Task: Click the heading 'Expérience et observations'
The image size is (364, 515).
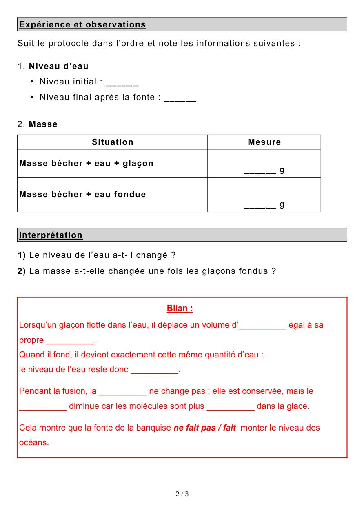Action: tap(82, 24)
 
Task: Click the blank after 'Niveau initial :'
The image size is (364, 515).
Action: tap(122, 83)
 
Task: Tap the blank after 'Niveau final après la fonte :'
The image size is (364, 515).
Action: tap(180, 98)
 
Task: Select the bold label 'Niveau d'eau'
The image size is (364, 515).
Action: tap(58, 66)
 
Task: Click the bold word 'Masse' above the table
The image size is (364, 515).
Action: tap(43, 124)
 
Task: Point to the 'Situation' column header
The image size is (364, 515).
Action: tap(113, 142)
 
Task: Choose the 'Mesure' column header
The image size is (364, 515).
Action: tap(264, 142)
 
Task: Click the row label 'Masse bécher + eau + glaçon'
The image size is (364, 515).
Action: tap(87, 163)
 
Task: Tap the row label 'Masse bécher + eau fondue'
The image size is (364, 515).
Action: tap(82, 194)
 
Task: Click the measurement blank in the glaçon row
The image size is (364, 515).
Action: tap(260, 171)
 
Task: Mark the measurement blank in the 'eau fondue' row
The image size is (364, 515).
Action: tap(260, 206)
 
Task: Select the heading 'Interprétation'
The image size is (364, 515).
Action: tap(51, 235)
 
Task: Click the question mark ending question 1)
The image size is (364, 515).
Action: tap(173, 255)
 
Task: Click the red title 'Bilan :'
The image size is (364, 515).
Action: tap(180, 309)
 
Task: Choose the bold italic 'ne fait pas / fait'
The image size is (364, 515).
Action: tap(205, 428)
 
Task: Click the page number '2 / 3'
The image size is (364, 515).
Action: tap(182, 494)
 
